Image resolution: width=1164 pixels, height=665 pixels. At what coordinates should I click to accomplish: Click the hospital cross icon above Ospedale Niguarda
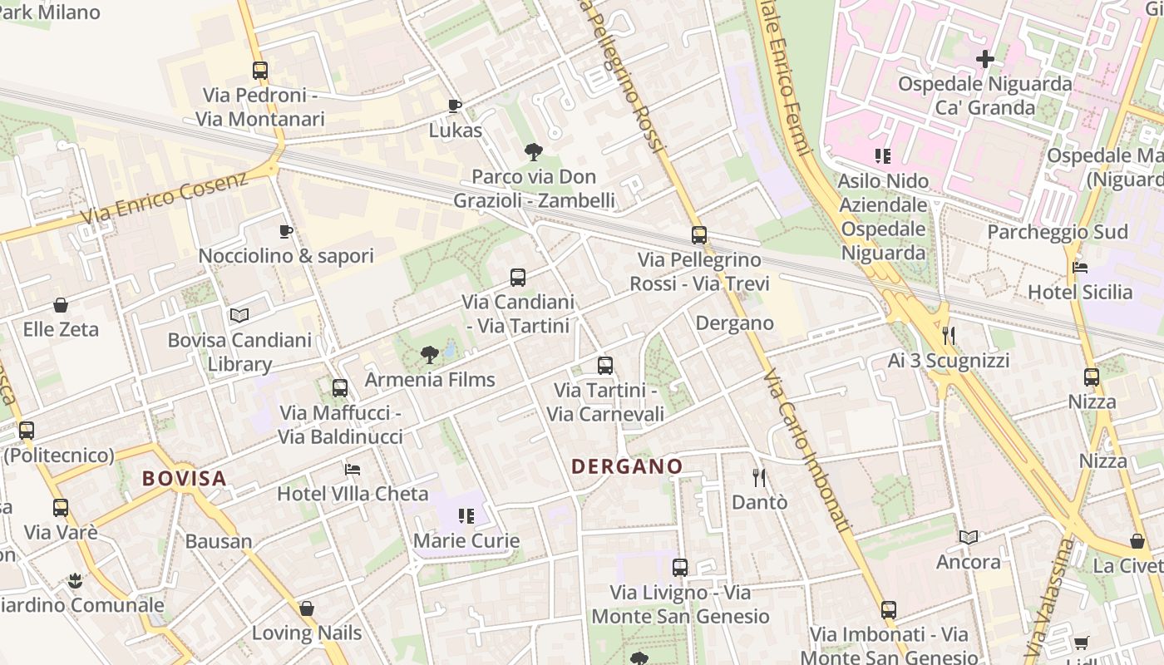click(985, 59)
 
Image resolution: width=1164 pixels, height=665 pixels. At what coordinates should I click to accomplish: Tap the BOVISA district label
click(184, 478)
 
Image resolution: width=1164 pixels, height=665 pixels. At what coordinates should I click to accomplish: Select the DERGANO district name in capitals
click(627, 466)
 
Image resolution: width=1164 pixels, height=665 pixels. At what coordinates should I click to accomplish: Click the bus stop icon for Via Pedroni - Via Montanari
click(260, 71)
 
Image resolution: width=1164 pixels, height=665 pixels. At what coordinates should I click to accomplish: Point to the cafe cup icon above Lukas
click(454, 106)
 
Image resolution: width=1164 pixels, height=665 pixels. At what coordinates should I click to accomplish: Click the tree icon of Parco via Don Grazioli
click(533, 151)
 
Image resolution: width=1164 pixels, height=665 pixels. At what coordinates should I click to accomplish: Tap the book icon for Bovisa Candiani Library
click(239, 315)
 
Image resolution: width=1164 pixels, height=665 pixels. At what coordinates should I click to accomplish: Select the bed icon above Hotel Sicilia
click(1080, 267)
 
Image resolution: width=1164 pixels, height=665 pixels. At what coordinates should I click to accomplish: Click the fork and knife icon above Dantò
click(758, 477)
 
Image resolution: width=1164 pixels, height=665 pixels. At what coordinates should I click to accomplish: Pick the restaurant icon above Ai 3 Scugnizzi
click(948, 335)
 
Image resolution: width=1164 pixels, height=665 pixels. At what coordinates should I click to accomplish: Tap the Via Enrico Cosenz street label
click(165, 198)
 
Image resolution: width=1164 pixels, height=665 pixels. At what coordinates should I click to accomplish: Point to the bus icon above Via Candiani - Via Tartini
click(518, 277)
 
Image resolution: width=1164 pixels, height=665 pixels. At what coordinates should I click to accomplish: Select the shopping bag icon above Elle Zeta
click(60, 305)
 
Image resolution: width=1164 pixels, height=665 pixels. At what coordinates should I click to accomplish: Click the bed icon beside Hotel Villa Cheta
click(353, 469)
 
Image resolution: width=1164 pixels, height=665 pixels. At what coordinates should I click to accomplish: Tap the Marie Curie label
click(466, 540)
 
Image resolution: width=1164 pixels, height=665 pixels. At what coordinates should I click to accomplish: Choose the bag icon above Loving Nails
click(307, 608)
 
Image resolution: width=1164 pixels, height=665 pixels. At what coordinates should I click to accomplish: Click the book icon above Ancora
click(968, 537)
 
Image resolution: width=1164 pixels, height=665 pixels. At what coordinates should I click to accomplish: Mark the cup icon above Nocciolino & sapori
click(286, 231)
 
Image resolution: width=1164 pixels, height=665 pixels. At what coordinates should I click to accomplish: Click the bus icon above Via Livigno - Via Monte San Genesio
click(680, 568)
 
